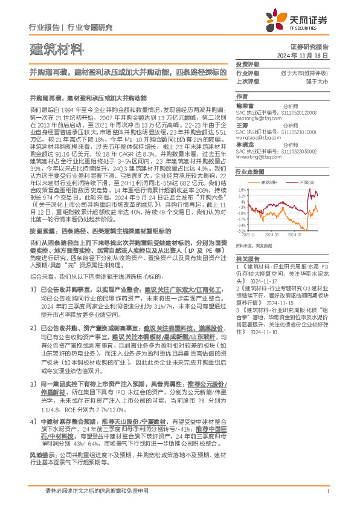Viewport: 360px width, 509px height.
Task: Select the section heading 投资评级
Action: [247, 63]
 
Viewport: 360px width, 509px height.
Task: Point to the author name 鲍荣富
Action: [245, 105]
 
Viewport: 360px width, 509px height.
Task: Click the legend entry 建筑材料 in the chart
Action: [269, 181]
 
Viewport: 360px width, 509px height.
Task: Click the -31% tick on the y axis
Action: [241, 230]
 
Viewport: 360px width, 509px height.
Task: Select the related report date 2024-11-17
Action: [274, 280]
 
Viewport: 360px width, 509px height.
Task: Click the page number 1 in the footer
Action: [327, 491]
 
